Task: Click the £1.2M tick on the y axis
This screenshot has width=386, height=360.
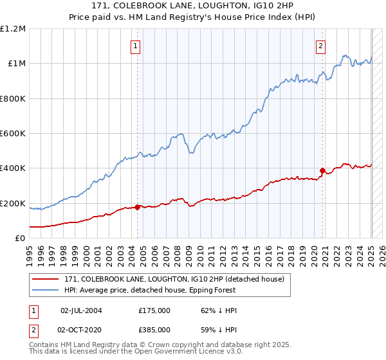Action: tap(13, 29)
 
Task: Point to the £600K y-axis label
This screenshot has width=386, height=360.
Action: tap(12, 134)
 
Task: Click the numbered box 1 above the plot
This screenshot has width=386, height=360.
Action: tap(136, 46)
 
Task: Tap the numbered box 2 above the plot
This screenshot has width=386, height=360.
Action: tap(320, 46)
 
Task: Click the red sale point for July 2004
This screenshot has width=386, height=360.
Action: tap(138, 208)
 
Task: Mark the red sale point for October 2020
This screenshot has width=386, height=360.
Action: tap(322, 171)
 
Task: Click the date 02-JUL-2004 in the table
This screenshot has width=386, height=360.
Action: tap(80, 310)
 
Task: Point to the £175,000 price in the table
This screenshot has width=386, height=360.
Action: tap(154, 310)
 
